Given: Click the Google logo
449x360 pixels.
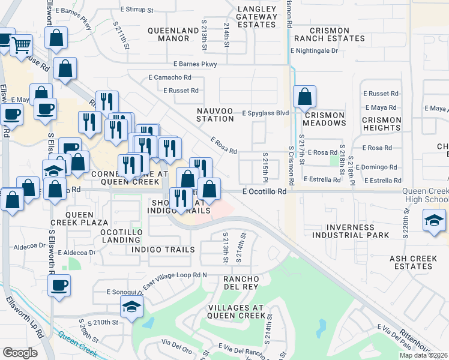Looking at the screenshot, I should click(20, 352).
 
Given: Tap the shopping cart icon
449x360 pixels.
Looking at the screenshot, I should click(21, 44).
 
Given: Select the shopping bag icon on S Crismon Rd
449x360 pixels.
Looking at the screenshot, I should click(305, 96).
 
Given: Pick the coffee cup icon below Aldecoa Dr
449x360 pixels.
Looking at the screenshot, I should click(59, 286).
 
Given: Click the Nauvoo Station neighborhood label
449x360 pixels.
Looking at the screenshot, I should click(215, 115).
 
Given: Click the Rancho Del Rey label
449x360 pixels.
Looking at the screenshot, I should click(241, 283).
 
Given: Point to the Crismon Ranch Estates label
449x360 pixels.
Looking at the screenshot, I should click(329, 34).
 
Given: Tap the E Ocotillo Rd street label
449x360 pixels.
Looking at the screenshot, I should click(264, 191).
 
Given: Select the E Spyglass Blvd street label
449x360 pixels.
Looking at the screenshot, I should click(265, 113).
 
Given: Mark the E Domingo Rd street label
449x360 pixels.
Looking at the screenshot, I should click(376, 167).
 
